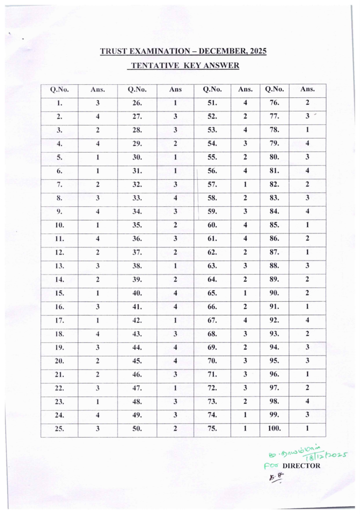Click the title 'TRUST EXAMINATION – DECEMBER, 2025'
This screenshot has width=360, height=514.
pos(183,51)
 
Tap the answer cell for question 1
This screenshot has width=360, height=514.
pos(98,103)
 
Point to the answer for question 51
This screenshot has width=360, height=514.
pos(246,103)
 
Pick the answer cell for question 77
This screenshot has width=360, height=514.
pos(307,116)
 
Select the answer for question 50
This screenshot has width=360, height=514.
pos(175,429)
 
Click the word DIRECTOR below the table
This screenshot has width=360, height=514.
pos(301,465)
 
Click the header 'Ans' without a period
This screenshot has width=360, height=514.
pos(175,90)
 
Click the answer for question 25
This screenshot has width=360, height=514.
pos(98,429)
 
